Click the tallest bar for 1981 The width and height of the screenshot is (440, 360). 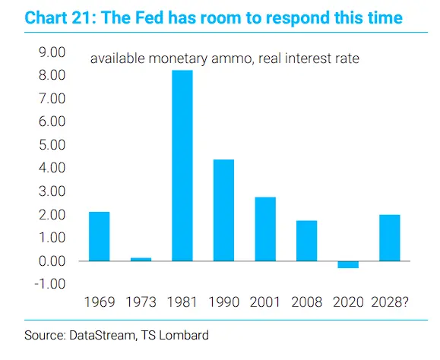[182, 166]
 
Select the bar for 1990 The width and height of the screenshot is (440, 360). [223, 210]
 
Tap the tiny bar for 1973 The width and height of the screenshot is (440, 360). [141, 259]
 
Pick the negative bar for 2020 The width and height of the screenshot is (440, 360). [348, 264]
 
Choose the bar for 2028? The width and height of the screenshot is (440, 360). [390, 238]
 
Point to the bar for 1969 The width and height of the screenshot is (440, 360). [100, 236]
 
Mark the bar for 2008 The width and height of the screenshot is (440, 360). [307, 241]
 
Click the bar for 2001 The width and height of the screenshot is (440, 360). [265, 229]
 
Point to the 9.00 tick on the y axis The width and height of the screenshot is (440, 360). [52, 52]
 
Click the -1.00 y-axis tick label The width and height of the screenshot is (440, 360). [50, 284]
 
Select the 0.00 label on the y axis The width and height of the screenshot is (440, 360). [52, 261]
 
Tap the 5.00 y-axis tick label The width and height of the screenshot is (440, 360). [52, 145]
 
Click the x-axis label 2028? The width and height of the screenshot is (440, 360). [390, 302]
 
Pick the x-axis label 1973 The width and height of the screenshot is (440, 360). [141, 302]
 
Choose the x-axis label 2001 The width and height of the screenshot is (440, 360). [265, 302]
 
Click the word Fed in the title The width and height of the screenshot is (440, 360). [150, 17]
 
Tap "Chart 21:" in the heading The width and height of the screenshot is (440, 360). [60, 17]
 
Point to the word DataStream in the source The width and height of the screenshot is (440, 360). [103, 336]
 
